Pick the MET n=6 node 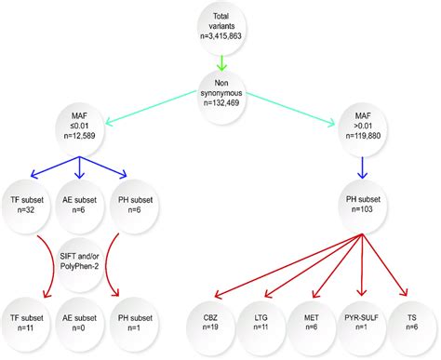(x=310, y=321)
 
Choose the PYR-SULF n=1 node (x=361, y=321)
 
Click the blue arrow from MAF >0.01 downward (x=361, y=167)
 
